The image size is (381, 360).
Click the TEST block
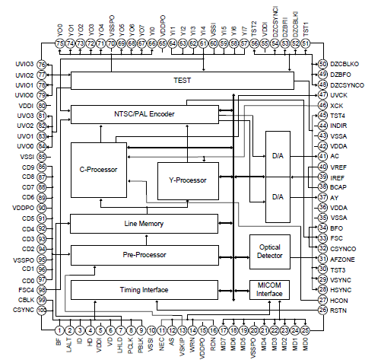coord(181,80)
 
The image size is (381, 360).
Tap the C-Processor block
coord(98,169)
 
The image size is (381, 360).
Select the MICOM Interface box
coord(271,290)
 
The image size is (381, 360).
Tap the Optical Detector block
coord(271,251)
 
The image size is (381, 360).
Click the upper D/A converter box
coord(278,155)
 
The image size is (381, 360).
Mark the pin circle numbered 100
coord(43,311)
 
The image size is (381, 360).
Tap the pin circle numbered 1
coord(59,330)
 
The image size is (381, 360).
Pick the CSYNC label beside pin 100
coord(23,311)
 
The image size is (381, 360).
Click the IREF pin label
coord(338,177)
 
